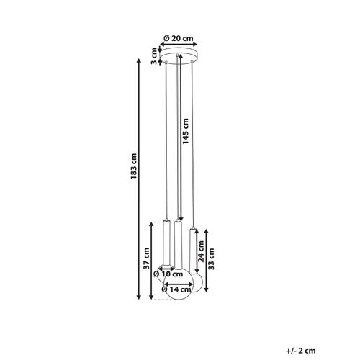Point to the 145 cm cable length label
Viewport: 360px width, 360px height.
click(186, 132)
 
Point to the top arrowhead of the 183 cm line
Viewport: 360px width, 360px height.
click(140, 60)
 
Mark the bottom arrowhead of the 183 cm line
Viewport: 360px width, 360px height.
click(140, 297)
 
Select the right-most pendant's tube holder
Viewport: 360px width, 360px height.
click(194, 249)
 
